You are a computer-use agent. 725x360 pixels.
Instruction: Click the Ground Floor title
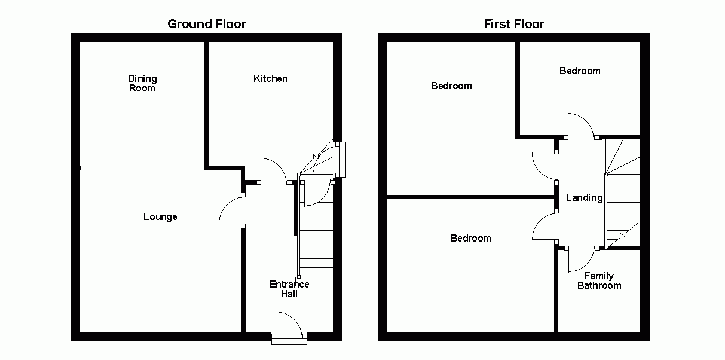tap(206, 24)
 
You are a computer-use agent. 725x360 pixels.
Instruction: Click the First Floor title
tap(514, 24)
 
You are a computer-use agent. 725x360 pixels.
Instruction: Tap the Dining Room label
tap(142, 83)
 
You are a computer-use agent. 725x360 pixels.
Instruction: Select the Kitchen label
tap(271, 78)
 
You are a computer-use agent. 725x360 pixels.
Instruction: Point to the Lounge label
tap(160, 216)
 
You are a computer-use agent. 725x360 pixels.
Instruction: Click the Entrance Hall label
tap(289, 289)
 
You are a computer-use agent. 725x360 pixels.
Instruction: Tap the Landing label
tap(584, 197)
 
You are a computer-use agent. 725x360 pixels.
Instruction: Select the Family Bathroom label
tap(599, 280)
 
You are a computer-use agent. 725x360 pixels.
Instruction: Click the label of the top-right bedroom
tap(580, 71)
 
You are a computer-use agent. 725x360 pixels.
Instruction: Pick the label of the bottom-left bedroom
tap(471, 238)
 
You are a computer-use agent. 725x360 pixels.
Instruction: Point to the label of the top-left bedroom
tap(451, 86)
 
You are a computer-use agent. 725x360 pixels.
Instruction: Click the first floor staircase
tap(623, 197)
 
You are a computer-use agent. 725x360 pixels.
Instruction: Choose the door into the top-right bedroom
tap(580, 124)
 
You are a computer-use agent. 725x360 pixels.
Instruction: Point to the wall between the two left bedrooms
tap(469, 196)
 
